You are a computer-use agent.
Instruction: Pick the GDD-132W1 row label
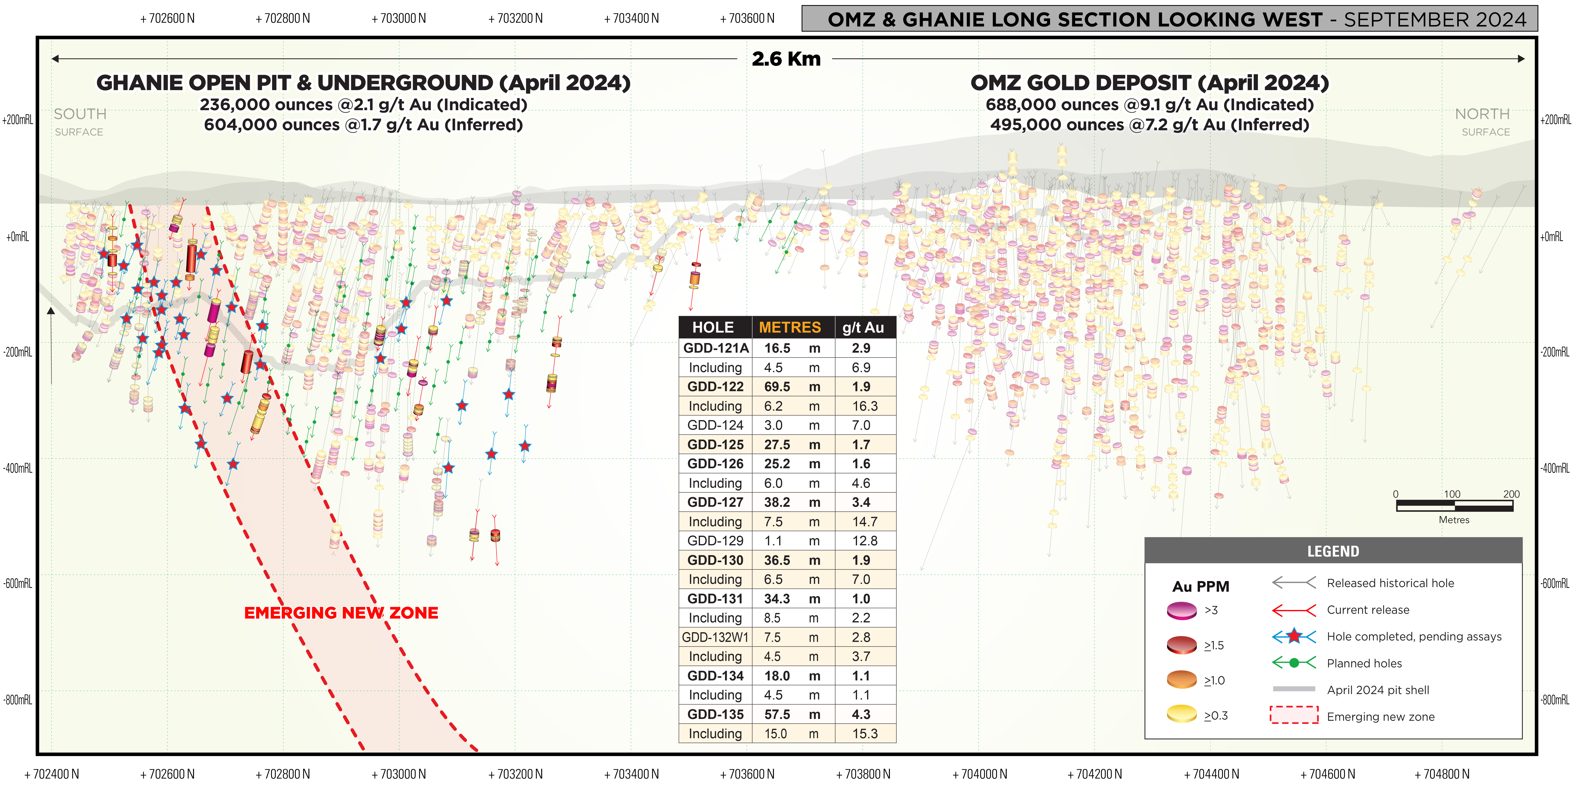coord(715,637)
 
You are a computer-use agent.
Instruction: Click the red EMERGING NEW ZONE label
coord(341,613)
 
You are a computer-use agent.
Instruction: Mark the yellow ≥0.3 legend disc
coord(1181,714)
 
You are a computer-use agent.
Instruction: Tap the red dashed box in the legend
coord(1293,715)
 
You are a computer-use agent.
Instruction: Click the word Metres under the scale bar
coord(1454,520)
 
